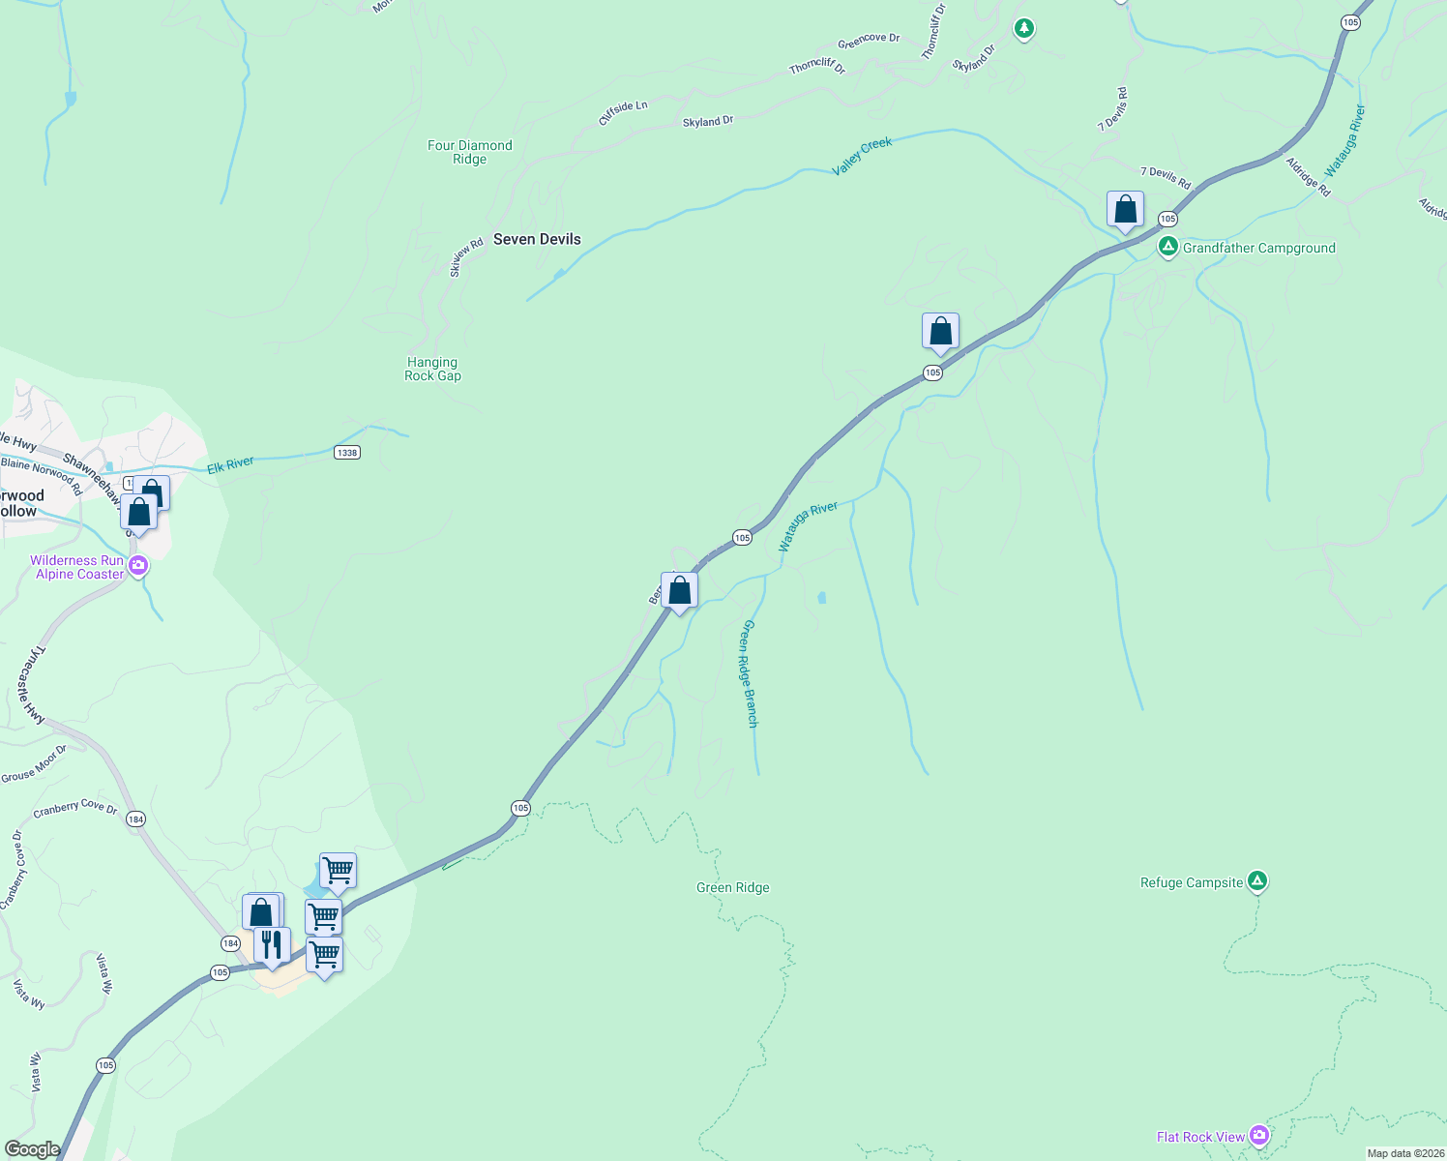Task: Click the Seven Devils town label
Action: click(537, 239)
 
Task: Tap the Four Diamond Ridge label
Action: click(470, 152)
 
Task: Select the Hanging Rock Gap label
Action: click(432, 369)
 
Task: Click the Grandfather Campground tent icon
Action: click(1168, 248)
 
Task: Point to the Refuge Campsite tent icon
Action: click(1256, 880)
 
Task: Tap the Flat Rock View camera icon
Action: click(1258, 1134)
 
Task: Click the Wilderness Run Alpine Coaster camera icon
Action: click(138, 565)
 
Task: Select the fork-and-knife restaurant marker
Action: click(272, 944)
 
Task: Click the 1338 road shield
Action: click(346, 452)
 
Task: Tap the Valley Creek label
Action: click(862, 156)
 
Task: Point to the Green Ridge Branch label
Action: click(749, 673)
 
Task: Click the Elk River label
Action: click(230, 465)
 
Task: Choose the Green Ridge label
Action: click(733, 887)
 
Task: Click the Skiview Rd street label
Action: click(466, 258)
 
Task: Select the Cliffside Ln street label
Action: click(623, 112)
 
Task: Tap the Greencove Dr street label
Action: click(869, 41)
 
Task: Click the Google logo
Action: click(32, 1148)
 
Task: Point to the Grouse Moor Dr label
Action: click(34, 763)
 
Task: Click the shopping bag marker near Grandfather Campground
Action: click(1125, 209)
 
